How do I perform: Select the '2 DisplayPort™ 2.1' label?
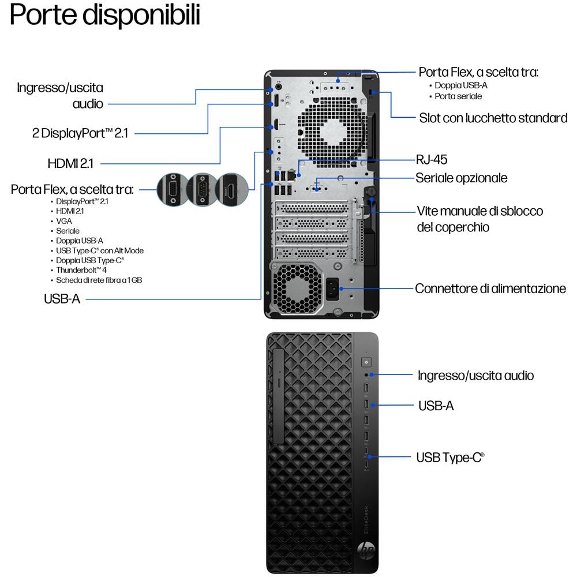pyautogui.click(x=80, y=133)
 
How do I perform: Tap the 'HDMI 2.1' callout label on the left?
pyautogui.click(x=70, y=163)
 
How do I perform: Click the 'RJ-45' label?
pyautogui.click(x=431, y=159)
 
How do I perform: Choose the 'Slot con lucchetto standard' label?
pyautogui.click(x=493, y=118)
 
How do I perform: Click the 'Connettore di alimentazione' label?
pyautogui.click(x=490, y=288)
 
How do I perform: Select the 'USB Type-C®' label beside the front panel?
pyautogui.click(x=450, y=458)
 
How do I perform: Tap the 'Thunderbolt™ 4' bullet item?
pyautogui.click(x=81, y=270)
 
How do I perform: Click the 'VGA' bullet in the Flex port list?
pyautogui.click(x=64, y=221)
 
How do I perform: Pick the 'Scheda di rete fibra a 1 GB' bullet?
pyautogui.click(x=99, y=280)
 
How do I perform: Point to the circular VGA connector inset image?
pyautogui.click(x=172, y=190)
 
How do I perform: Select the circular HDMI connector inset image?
pyautogui.click(x=232, y=190)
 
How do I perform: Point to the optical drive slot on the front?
pyautogui.click(x=279, y=396)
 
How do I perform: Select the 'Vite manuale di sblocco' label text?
pyautogui.click(x=479, y=211)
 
